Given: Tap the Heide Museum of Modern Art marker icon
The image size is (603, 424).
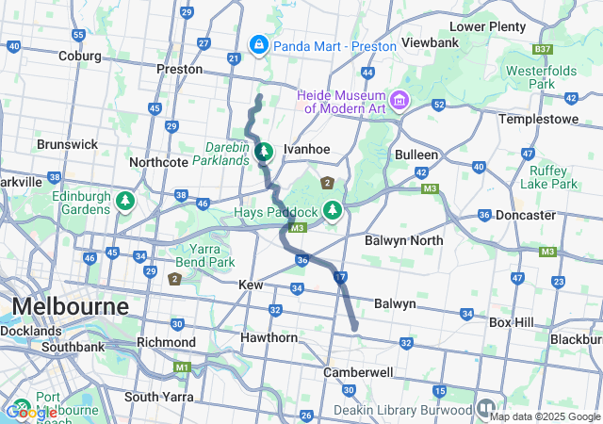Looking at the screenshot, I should click(399, 99).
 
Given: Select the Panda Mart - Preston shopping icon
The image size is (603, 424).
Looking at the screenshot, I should click(258, 44).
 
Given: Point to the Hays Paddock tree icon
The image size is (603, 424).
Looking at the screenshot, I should click(332, 209).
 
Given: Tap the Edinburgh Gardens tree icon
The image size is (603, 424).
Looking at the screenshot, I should click(124, 201).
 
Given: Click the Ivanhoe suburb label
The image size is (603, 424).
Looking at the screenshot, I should click(306, 149).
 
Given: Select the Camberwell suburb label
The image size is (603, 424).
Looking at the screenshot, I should click(357, 372).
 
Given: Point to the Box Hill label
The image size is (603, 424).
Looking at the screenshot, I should click(512, 321).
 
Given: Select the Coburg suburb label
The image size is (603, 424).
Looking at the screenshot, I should click(79, 56).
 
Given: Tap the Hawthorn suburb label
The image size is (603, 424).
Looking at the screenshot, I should click(269, 337).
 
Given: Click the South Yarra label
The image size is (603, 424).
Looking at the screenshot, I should click(159, 397).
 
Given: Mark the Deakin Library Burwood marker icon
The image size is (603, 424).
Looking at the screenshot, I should click(485, 409).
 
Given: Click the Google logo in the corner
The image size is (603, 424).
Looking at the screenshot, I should click(30, 412).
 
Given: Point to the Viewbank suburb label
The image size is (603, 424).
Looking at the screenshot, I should click(430, 42).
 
